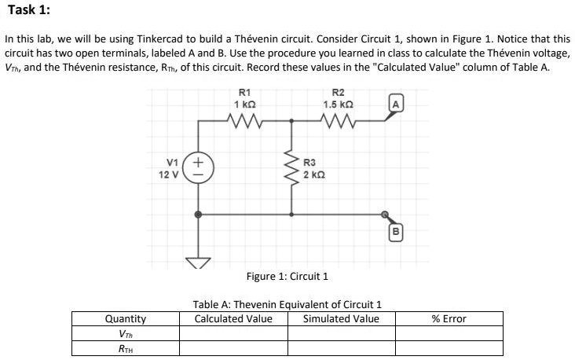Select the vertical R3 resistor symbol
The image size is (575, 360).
pyautogui.click(x=291, y=167)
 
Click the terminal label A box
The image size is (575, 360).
pyautogui.click(x=397, y=104)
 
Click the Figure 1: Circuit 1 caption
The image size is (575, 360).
pyautogui.click(x=287, y=277)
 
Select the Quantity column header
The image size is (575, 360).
pyautogui.click(x=126, y=318)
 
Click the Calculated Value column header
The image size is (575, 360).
pyautogui.click(x=233, y=318)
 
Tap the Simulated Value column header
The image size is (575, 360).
pyautogui.click(x=341, y=318)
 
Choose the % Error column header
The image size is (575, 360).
pyautogui.click(x=449, y=318)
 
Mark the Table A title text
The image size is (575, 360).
pyautogui.click(x=287, y=304)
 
